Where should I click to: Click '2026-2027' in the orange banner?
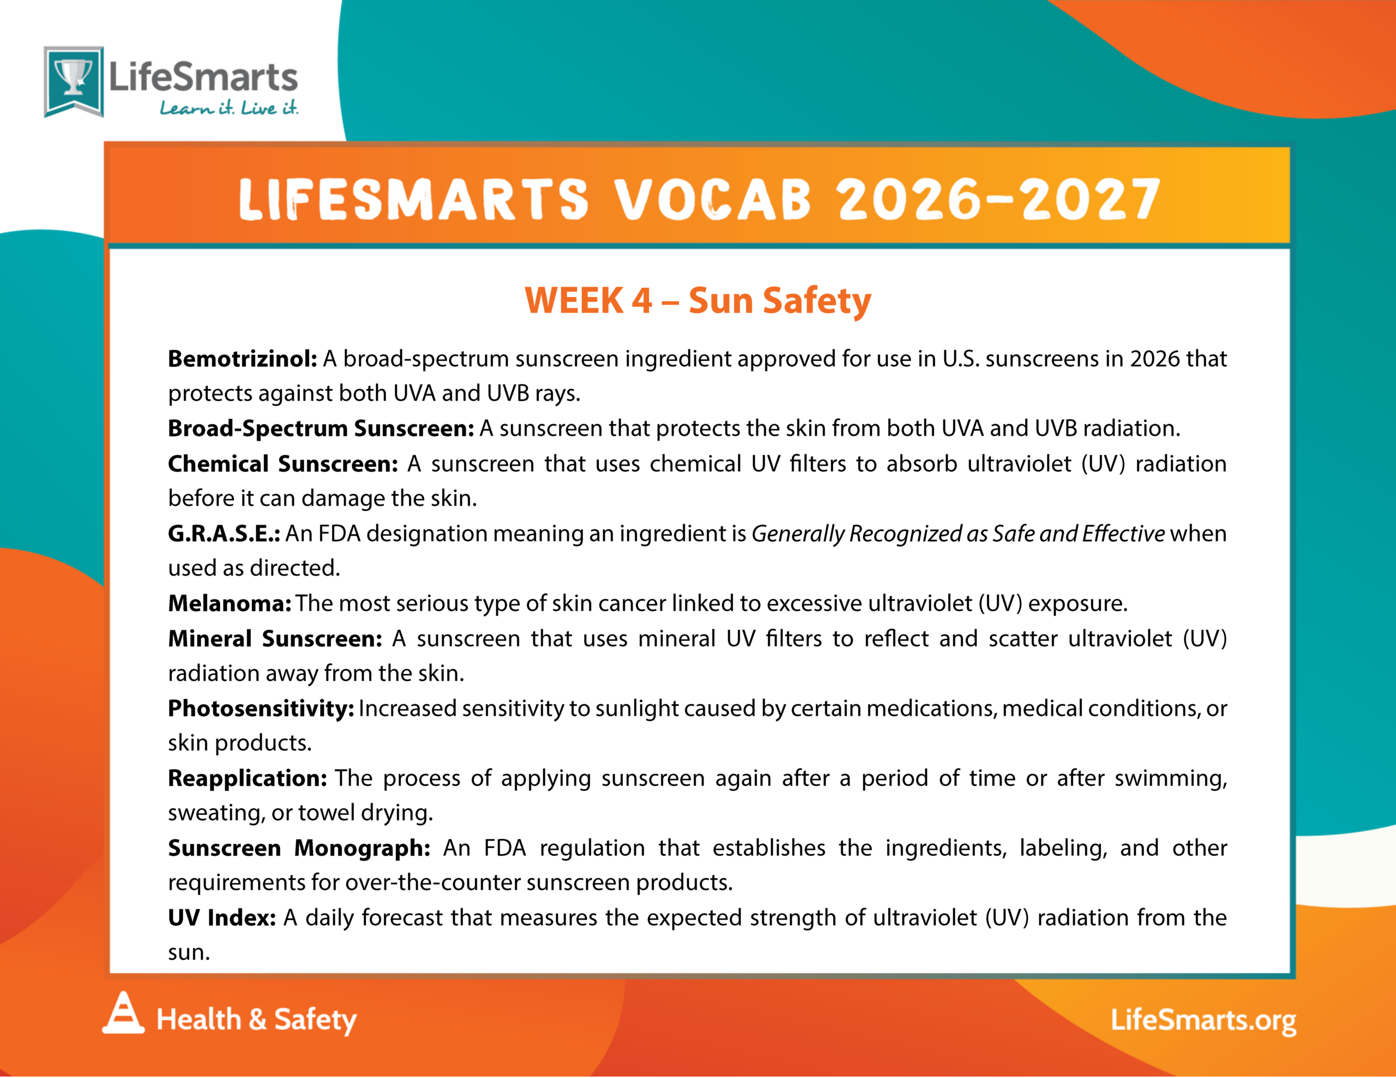coord(998,199)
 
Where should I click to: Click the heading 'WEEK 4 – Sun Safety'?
coord(697,300)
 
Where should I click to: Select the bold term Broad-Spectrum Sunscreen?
coord(321,428)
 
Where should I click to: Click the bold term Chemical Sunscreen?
coord(283,463)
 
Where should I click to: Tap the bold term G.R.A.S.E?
coord(224,533)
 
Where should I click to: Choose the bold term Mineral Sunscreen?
coord(275,638)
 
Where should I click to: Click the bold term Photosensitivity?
coord(261,708)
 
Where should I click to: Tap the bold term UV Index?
coord(222,918)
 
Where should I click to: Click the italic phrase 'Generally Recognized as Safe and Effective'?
coord(958,534)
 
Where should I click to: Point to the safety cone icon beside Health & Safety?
coord(123,1012)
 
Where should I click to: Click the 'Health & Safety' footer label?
coord(256,1019)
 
